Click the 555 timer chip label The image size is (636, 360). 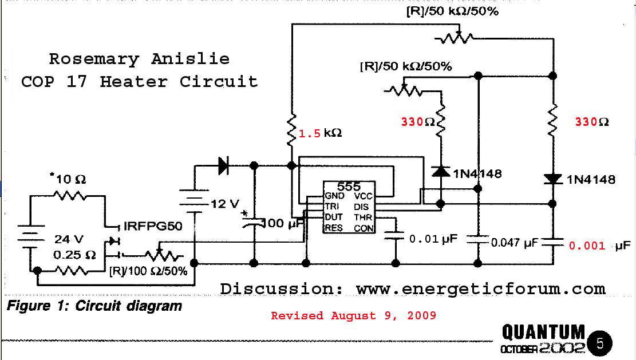click(x=349, y=187)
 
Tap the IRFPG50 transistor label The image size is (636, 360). click(x=153, y=226)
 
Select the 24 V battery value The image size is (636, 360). click(x=69, y=239)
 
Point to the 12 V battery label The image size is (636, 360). click(x=225, y=204)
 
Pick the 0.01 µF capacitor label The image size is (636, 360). click(x=433, y=239)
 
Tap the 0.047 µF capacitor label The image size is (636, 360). click(x=514, y=243)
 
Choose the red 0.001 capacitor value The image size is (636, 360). click(x=587, y=246)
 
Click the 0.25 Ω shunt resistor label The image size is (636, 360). click(x=74, y=255)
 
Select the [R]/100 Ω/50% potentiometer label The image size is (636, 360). click(x=148, y=271)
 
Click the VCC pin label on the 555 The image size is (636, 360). click(x=363, y=196)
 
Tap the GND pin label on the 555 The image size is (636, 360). click(x=335, y=196)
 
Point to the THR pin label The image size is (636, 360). click(x=363, y=217)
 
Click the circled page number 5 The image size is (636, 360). click(x=599, y=344)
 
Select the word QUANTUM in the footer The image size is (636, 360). click(x=543, y=333)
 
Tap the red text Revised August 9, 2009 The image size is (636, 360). click(x=353, y=315)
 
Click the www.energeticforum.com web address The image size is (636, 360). click(x=481, y=289)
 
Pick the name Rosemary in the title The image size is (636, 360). click(x=94, y=59)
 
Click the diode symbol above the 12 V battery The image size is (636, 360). click(x=223, y=165)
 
